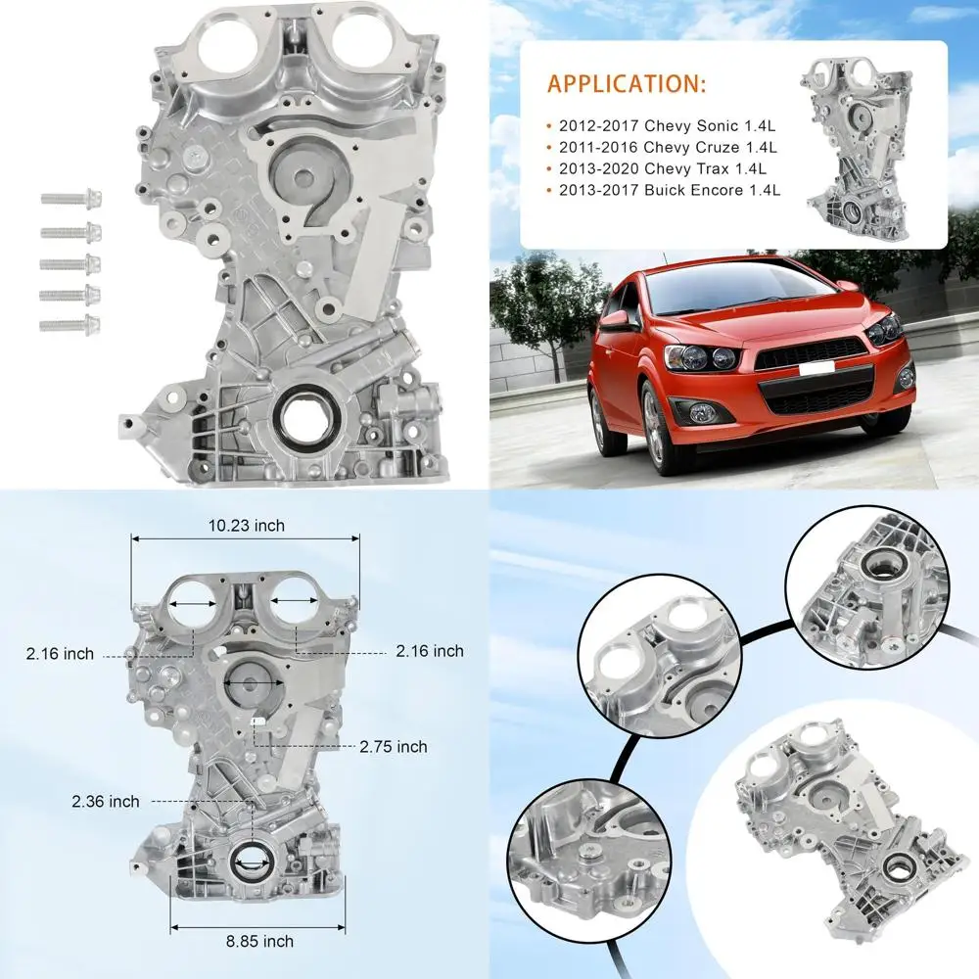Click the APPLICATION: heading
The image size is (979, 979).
tap(626, 82)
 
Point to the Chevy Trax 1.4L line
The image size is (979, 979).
tap(659, 169)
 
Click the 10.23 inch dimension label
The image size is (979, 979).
tap(247, 526)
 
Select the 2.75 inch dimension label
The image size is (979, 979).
tap(393, 746)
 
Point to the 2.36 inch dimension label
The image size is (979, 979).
tap(105, 801)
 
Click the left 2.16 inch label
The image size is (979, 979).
tap(61, 653)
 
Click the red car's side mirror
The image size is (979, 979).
tap(616, 319)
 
